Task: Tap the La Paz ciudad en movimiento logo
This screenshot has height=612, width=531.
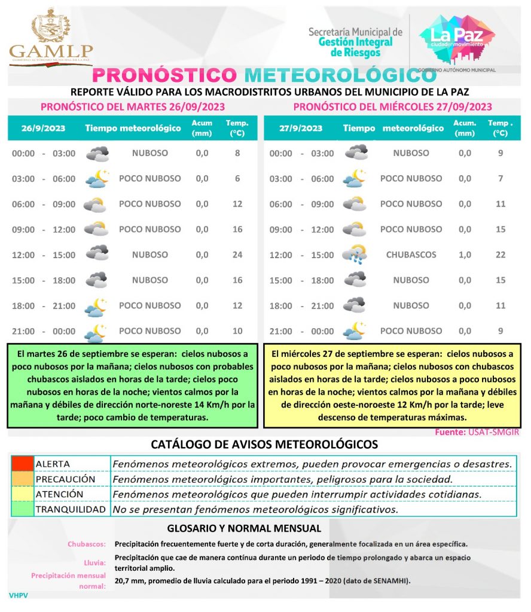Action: coord(457,38)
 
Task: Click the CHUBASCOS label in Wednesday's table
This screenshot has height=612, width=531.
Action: coord(411,255)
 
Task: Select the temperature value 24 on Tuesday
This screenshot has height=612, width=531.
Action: coord(237,255)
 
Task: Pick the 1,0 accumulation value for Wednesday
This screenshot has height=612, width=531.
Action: coord(465,255)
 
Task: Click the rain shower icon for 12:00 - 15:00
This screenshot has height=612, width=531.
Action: coord(355,255)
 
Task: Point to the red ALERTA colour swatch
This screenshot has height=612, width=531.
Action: coord(22,464)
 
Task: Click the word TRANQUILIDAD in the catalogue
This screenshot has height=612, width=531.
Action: coord(71,510)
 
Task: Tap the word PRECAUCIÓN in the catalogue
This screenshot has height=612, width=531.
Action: coord(65,479)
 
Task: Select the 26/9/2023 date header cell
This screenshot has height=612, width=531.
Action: coord(43,128)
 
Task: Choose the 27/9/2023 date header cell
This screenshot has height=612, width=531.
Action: coord(301,128)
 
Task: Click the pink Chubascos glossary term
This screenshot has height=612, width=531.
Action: coord(87,544)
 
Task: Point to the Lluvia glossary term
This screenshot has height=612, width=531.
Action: coord(95,562)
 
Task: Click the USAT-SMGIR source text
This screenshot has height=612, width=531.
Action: coord(495,432)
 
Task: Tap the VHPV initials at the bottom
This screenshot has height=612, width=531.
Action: coord(19,595)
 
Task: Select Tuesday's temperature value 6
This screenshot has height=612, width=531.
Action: coord(237,179)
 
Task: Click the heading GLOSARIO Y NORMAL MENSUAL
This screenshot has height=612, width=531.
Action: coord(244,528)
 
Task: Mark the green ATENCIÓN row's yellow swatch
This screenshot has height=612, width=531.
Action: coord(22,494)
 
